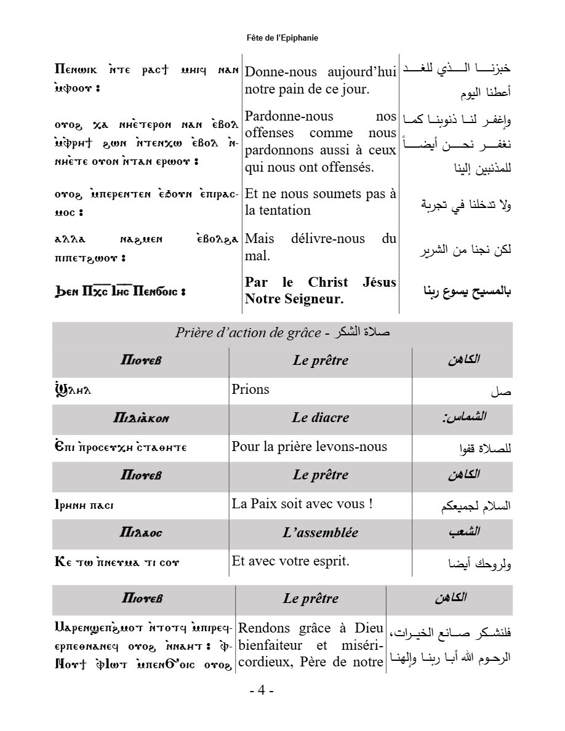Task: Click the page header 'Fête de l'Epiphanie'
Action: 282,38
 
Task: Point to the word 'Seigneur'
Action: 314,300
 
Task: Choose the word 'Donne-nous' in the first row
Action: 279,72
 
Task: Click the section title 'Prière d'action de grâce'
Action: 247,333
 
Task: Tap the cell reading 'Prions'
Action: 250,389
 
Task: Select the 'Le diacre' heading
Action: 320,417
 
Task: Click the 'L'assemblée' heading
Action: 320,532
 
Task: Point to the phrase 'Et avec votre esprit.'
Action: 291,561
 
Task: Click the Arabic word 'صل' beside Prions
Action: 501,391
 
